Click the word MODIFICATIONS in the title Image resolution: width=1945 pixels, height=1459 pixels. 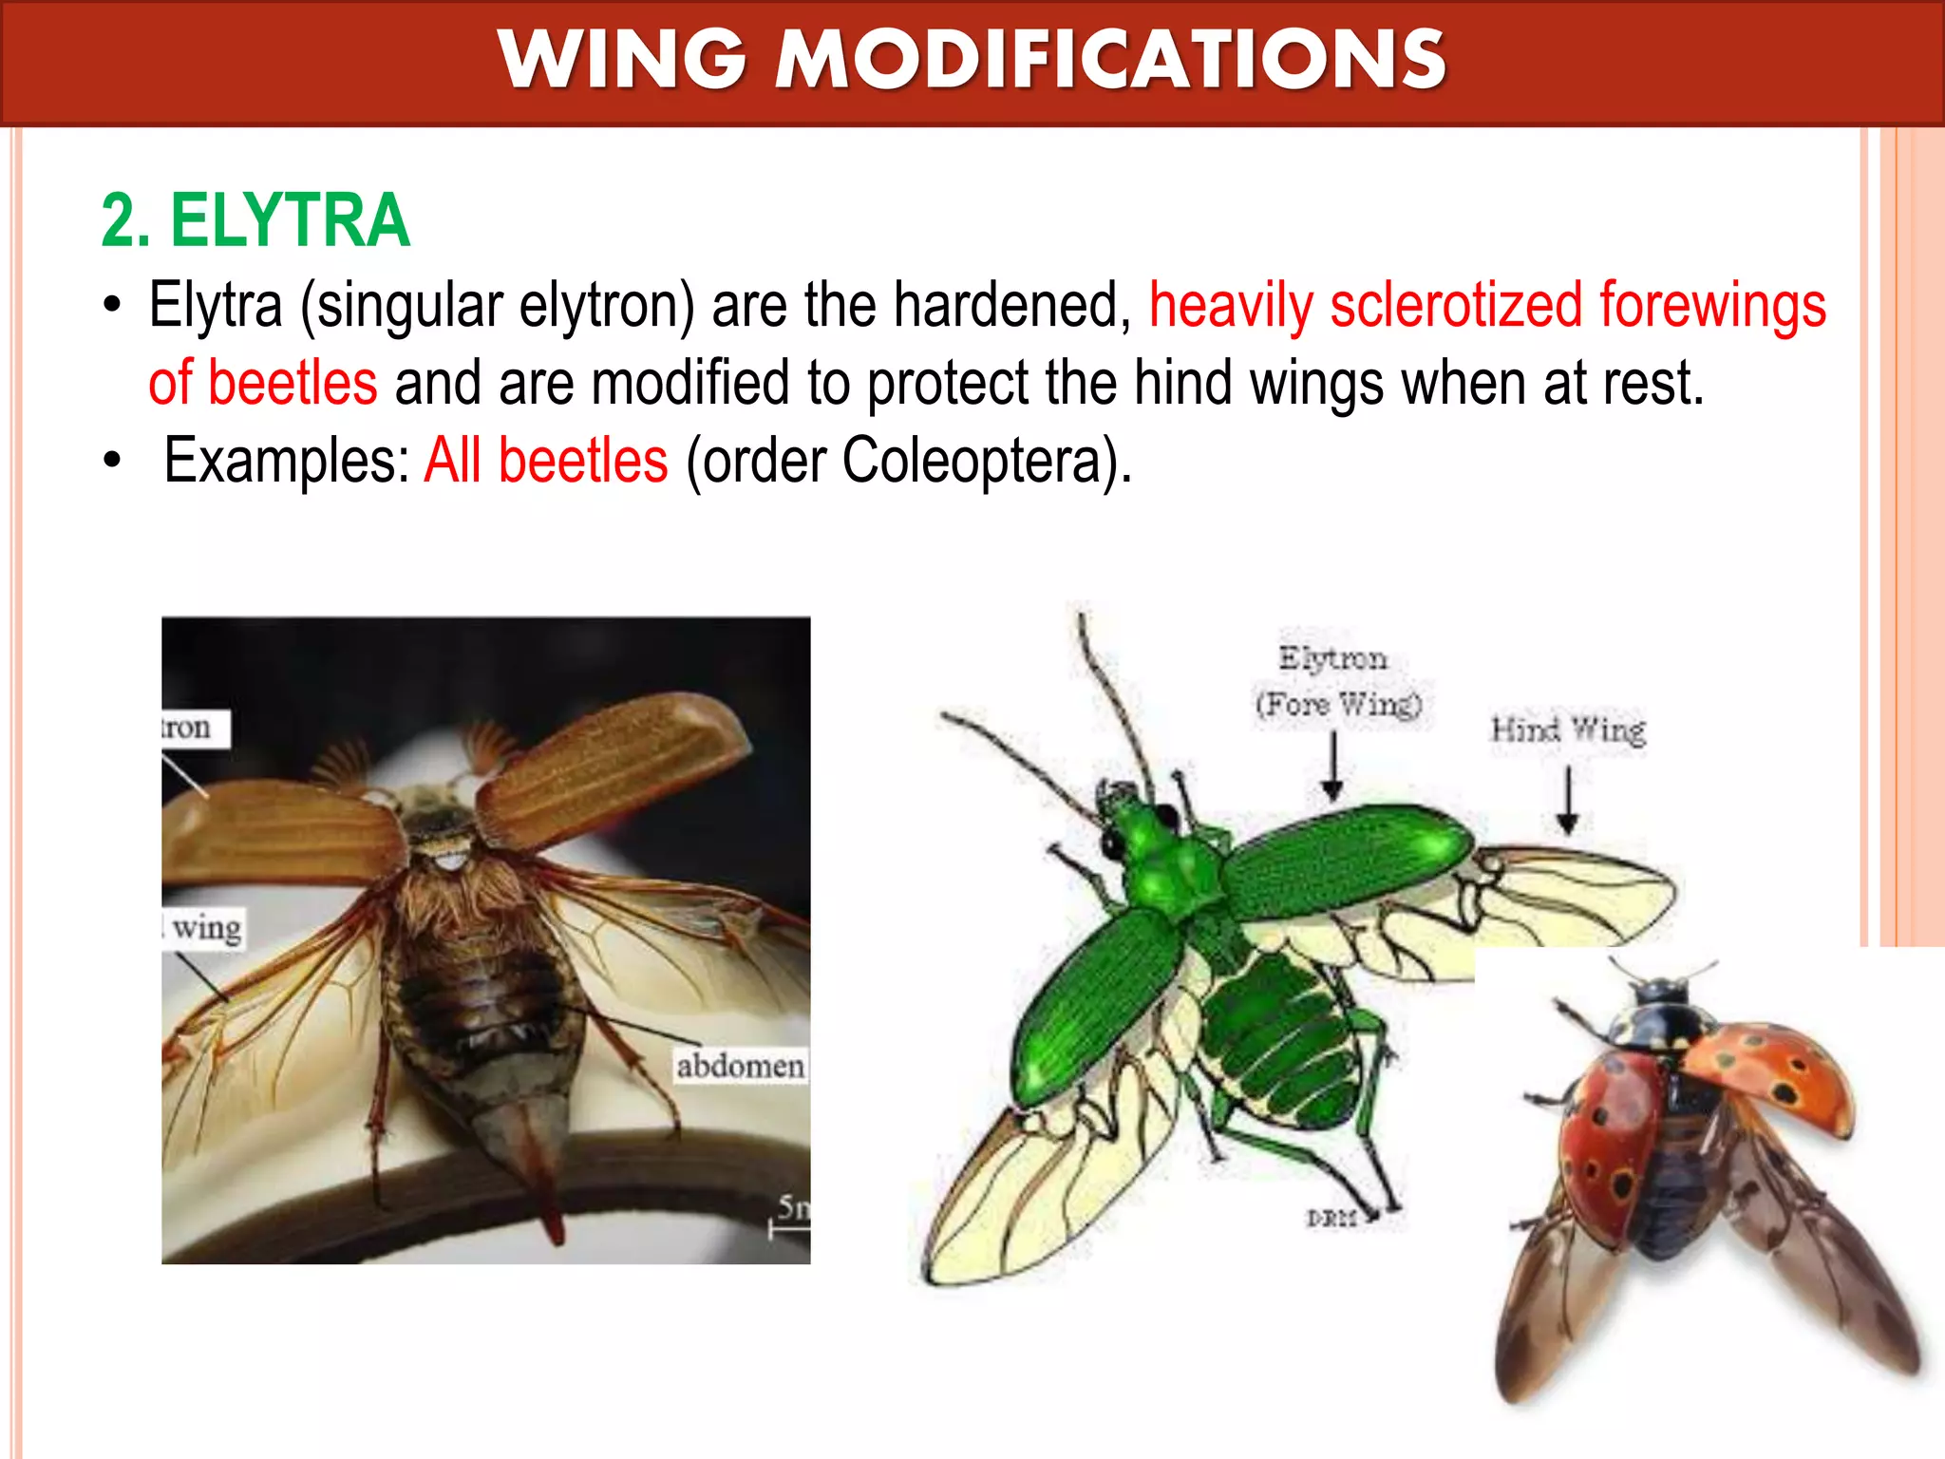(1111, 59)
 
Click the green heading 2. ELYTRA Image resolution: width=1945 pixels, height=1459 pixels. (255, 220)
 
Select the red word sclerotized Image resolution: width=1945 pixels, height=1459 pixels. (1456, 305)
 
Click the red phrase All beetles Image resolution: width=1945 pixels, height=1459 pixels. (546, 461)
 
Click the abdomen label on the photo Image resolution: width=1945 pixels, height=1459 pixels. (740, 1066)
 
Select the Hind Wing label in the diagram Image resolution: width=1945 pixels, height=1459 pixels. (1568, 729)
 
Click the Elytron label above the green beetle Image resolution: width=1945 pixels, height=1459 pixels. (1332, 657)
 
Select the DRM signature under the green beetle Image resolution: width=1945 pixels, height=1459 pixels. (1331, 1218)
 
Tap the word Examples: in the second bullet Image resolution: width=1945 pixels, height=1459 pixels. (286, 461)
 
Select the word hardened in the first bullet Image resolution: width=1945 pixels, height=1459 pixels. (1012, 305)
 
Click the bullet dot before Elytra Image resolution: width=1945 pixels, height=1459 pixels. (113, 307)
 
